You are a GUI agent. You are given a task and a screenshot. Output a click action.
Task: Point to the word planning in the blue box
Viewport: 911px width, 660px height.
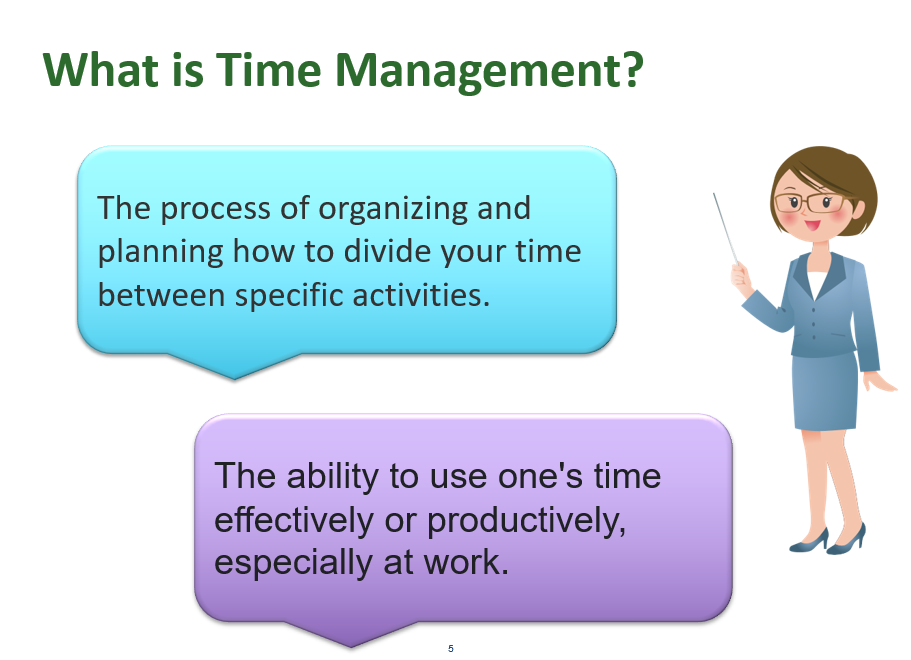[x=160, y=252]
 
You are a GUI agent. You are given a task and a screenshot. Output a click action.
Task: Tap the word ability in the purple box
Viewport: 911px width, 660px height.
[x=336, y=476]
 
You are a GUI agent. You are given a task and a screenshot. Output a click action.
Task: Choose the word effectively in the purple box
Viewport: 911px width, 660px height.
[x=284, y=519]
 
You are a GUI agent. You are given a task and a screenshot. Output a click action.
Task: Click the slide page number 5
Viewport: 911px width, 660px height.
[x=451, y=649]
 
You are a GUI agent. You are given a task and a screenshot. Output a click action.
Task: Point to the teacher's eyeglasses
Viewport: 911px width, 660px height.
[x=810, y=202]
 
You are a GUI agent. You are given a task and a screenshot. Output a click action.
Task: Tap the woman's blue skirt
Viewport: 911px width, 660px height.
[x=824, y=390]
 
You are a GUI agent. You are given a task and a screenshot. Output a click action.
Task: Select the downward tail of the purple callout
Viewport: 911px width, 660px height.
[x=350, y=634]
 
